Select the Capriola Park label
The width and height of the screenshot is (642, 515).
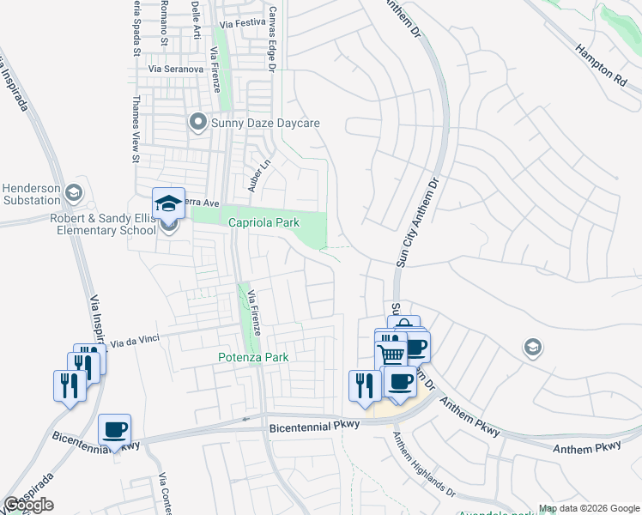[x=263, y=222]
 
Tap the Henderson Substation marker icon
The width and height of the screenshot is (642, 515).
[x=76, y=191]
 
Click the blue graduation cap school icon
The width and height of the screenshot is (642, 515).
[x=168, y=203]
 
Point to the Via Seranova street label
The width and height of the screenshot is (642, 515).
[x=176, y=68]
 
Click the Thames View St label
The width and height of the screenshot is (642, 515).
[x=136, y=128]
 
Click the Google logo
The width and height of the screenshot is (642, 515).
[x=28, y=505]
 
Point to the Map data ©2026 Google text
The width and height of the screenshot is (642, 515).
[x=589, y=509]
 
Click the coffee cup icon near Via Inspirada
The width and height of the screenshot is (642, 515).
[x=114, y=430]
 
